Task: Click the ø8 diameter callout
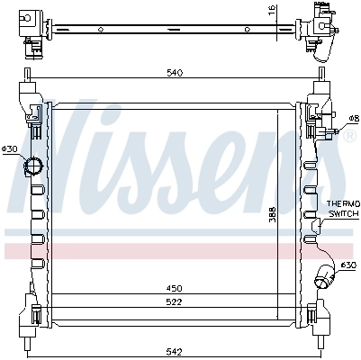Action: (353, 118)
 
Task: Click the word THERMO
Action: (341, 204)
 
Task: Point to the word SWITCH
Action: (341, 214)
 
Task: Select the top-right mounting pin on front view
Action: (320, 75)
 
